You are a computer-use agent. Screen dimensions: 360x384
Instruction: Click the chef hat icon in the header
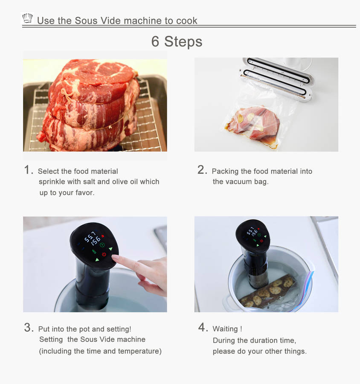click(27, 18)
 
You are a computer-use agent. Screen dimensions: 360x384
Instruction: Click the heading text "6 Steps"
click(177, 41)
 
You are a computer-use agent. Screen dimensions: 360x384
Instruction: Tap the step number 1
click(28, 169)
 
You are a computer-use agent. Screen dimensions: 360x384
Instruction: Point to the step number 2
click(202, 169)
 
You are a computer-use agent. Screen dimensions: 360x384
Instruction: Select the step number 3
click(29, 327)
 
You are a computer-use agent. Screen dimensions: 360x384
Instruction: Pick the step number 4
click(203, 327)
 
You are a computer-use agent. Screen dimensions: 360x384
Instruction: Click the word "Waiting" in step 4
click(225, 329)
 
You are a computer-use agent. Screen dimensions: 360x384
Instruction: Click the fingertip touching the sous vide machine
click(115, 257)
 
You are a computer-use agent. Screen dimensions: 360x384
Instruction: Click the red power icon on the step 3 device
click(104, 254)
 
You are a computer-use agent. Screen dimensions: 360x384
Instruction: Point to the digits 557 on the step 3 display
click(90, 236)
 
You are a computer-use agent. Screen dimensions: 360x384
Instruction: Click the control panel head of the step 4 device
click(253, 235)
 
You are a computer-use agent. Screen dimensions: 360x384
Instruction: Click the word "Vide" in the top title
click(111, 20)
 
